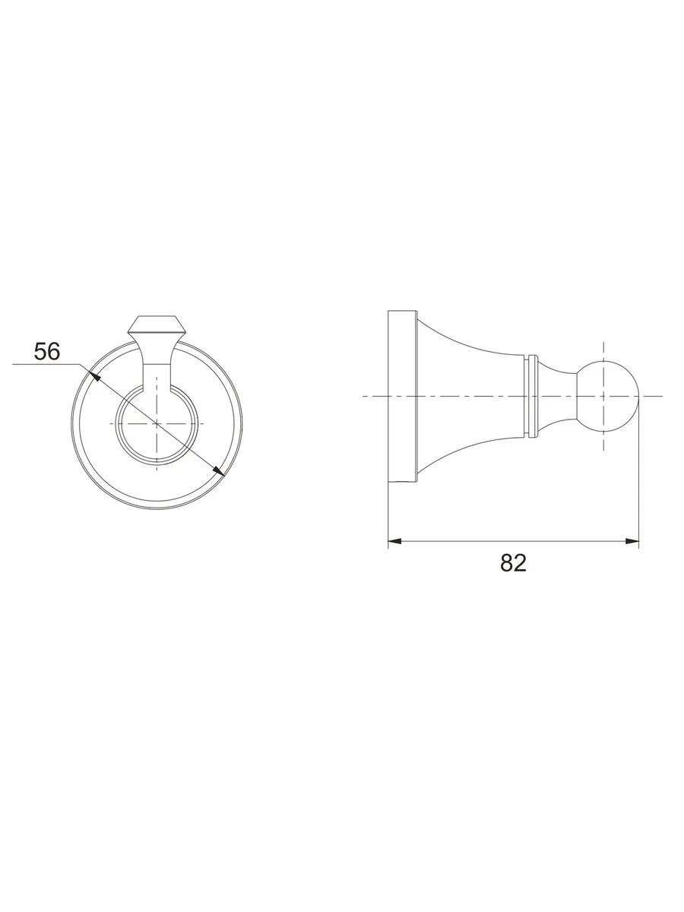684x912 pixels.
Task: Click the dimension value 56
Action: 47,352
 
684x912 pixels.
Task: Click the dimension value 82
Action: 513,563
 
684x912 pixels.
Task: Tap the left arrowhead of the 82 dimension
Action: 395,541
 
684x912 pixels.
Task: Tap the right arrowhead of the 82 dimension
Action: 632,541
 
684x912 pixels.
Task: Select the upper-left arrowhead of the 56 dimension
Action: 96,376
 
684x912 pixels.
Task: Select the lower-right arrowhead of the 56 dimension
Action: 218,470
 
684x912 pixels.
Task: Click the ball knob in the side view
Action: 607,397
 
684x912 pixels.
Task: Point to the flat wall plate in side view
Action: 403,397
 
